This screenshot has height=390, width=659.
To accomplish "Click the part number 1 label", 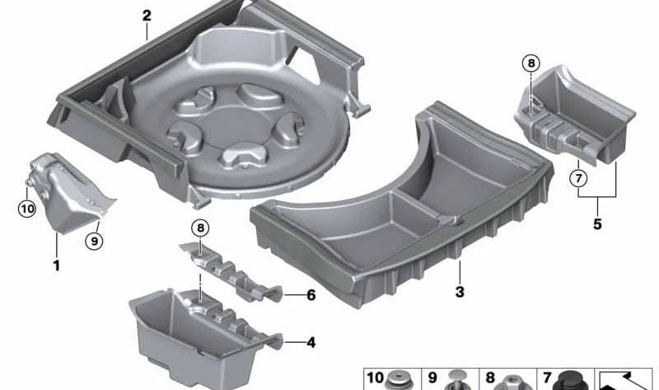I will (56, 266).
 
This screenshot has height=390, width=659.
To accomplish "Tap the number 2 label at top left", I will (146, 15).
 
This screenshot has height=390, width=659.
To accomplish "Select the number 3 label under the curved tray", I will (460, 292).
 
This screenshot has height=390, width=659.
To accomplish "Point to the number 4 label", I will (310, 342).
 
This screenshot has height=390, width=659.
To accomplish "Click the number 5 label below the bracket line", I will (597, 223).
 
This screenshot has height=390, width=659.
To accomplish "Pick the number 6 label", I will (310, 294).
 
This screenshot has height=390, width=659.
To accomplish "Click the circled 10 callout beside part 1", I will (28, 209).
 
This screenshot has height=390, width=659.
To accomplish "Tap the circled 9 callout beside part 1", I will (95, 241).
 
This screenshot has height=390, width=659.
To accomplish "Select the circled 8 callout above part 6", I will (200, 228).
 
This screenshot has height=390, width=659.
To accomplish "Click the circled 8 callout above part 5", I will (531, 63).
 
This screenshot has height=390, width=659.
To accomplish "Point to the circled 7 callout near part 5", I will (579, 178).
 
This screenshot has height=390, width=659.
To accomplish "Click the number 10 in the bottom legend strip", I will (375, 378).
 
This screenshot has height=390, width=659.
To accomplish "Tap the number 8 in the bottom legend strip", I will (490, 378).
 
